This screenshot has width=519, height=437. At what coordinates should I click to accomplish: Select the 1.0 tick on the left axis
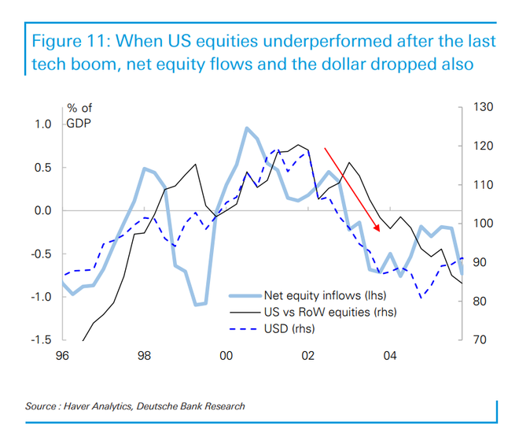tap(42, 124)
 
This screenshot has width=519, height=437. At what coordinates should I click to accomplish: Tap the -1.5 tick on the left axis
tap(41, 340)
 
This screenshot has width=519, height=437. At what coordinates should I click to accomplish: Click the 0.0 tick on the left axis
tap(42, 210)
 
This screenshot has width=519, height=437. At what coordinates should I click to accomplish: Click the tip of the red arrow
tap(379, 231)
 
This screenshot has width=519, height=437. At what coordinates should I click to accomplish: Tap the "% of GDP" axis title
tap(80, 117)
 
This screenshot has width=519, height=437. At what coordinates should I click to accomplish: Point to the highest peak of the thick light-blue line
tap(246, 128)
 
